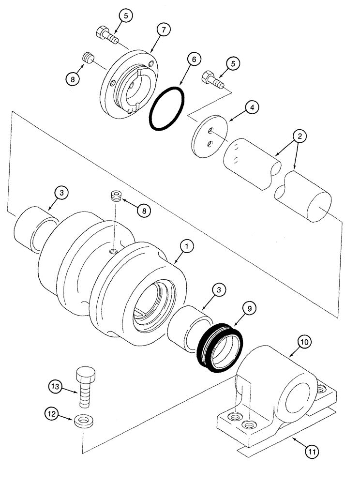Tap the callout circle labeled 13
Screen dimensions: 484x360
tap(56, 386)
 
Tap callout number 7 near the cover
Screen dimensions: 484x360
tap(163, 30)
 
